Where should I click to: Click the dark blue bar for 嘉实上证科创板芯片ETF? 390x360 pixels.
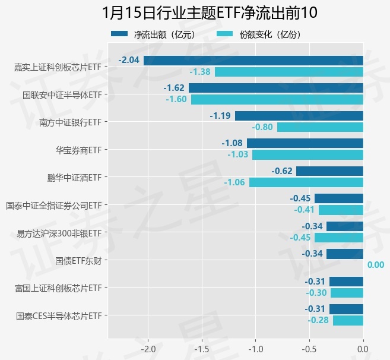tap(253, 60)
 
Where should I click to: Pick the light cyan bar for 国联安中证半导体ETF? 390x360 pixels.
tap(277, 99)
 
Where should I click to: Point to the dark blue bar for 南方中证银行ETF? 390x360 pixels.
tap(299, 115)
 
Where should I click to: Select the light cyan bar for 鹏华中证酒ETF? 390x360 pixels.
tap(306, 182)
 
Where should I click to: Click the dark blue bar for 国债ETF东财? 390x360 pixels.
tap(344, 254)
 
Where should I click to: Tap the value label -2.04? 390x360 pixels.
tap(129, 60)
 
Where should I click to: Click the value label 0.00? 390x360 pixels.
tap(376, 265)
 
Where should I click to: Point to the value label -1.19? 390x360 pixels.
tap(220, 115)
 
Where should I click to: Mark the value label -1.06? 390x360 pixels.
tap(234, 182)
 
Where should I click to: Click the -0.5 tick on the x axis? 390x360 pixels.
tap(309, 349)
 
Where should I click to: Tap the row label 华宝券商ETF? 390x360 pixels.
tap(78, 149)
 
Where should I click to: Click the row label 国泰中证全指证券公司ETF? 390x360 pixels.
tap(53, 205)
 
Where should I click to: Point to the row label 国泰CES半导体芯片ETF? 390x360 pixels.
tap(59, 315)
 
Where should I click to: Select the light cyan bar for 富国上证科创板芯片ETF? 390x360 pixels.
tap(347, 293)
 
